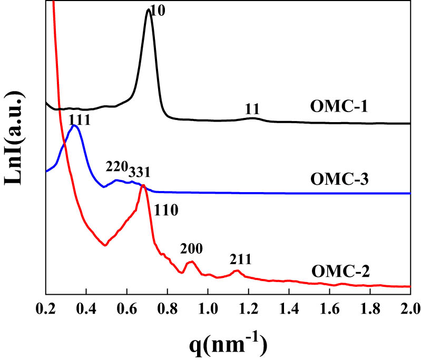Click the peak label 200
pos(191,248)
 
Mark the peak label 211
pos(240,259)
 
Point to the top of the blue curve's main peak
pos(74,126)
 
